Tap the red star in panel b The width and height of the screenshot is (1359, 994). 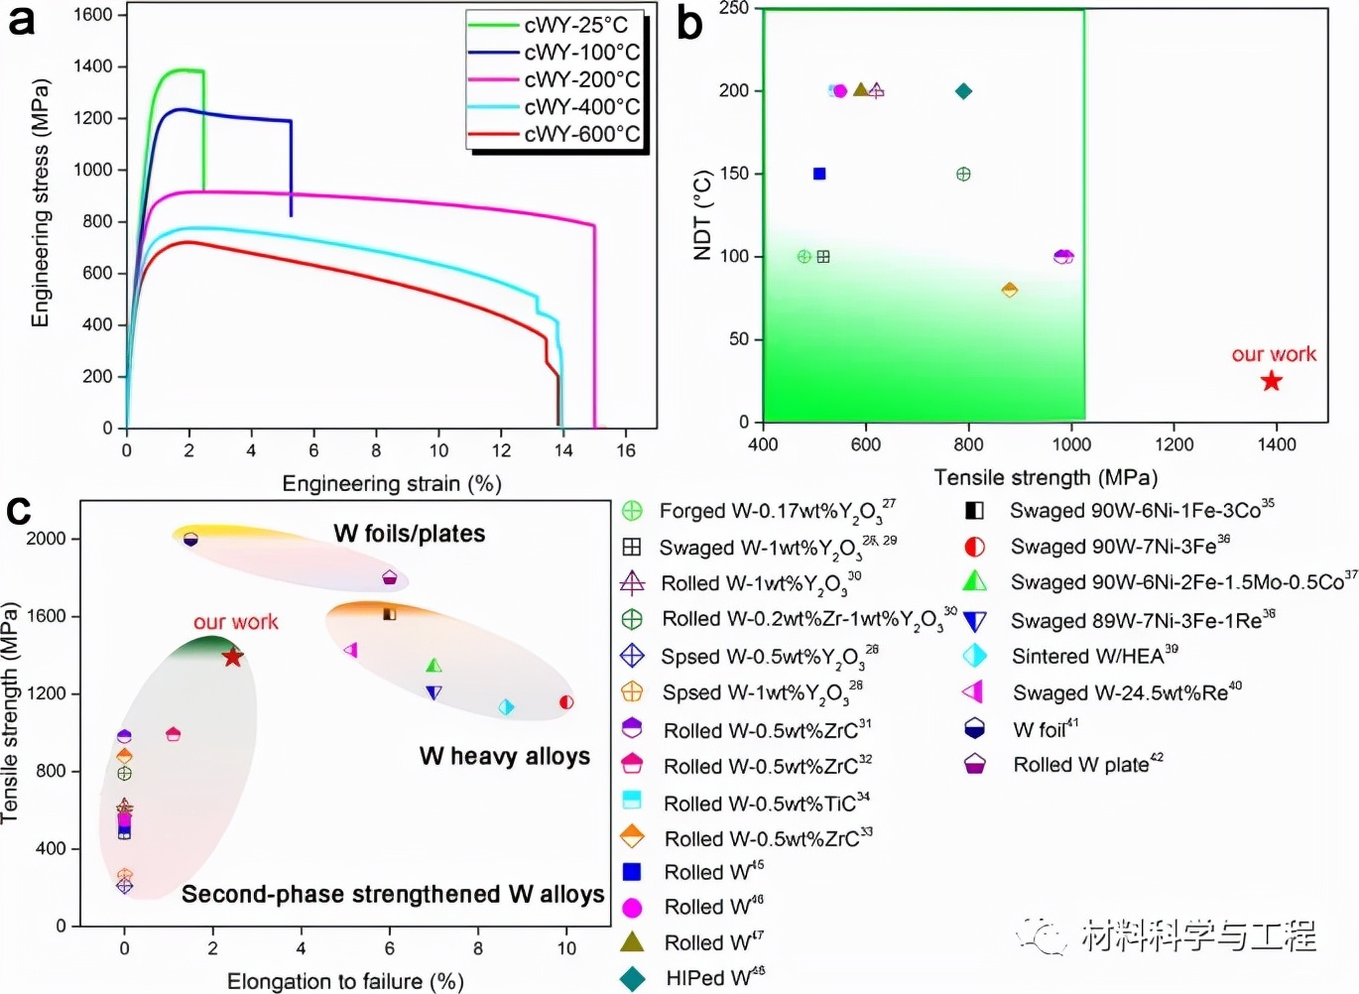click(x=1271, y=381)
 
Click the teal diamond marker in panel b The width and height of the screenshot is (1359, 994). click(x=963, y=91)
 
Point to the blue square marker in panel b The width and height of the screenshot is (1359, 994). click(x=819, y=174)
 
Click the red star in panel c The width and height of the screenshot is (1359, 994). click(x=233, y=657)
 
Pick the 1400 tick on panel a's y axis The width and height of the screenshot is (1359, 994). click(x=93, y=66)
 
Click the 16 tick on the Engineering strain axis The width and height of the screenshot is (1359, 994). click(x=626, y=449)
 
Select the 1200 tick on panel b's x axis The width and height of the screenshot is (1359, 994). click(x=1174, y=444)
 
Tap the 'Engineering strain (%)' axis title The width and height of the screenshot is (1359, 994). click(x=392, y=483)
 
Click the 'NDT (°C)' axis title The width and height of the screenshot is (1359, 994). click(x=703, y=215)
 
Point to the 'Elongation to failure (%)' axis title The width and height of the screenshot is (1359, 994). click(x=345, y=981)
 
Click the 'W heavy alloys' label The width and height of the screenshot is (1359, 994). click(x=504, y=756)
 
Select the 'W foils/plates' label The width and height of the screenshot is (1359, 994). click(x=410, y=534)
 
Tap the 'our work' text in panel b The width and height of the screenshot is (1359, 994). click(x=1274, y=354)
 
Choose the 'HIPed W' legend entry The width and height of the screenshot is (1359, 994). click(x=708, y=978)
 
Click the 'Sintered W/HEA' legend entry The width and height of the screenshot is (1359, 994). click(x=1094, y=656)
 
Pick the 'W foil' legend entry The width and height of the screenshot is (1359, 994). click(x=1045, y=730)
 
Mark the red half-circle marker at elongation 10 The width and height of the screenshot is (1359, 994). click(x=566, y=702)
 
